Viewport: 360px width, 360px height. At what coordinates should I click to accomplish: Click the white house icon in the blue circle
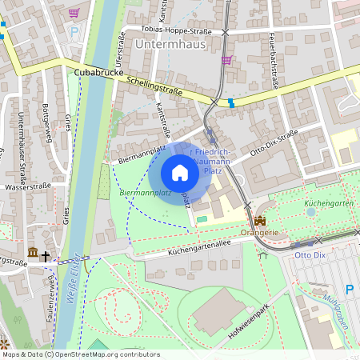(180, 173)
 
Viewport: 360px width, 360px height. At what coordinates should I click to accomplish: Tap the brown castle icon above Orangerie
(259, 220)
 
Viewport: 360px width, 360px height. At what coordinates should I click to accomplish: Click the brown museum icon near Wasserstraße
(32, 254)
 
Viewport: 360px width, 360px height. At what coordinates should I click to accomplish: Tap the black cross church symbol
(46, 257)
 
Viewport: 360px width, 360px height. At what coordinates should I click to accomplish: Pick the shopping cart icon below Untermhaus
(226, 59)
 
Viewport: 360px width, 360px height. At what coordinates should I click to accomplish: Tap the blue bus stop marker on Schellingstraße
(231, 102)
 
